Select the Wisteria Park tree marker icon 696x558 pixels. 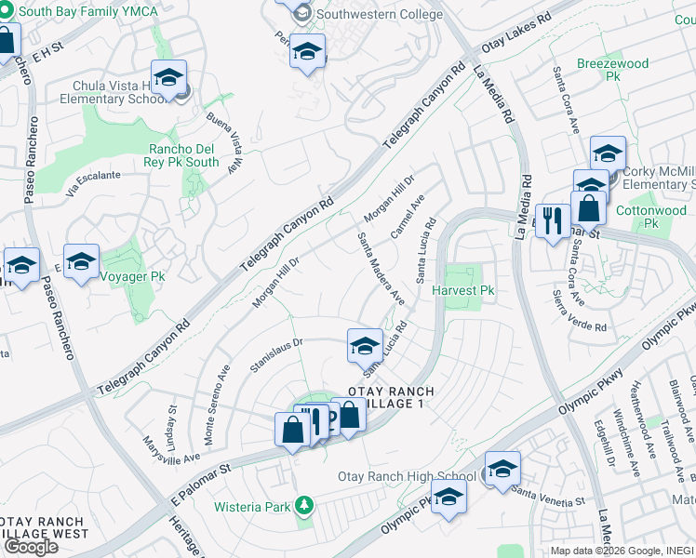coord(302,507)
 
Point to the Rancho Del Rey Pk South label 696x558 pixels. coord(184,155)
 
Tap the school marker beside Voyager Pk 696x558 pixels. coord(81,262)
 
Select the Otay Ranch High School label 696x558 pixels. coord(410,476)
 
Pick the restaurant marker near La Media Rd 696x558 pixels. coord(553,222)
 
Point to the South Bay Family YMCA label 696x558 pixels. coord(79,10)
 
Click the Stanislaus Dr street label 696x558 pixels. coord(276,354)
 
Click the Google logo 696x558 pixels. coord(30,546)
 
